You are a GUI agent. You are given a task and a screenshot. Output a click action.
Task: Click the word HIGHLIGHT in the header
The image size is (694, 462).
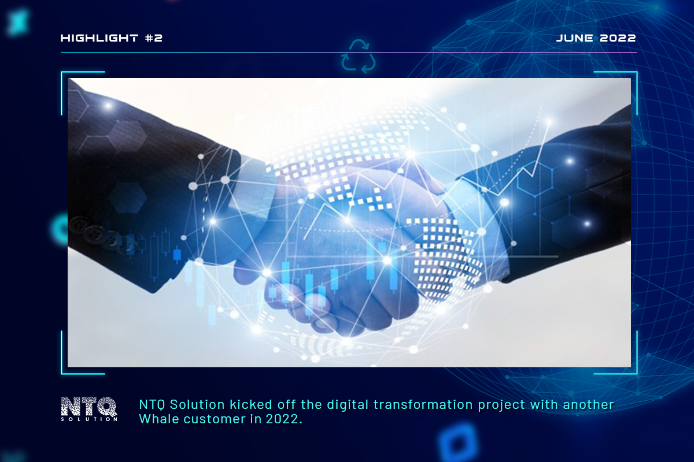(98, 38)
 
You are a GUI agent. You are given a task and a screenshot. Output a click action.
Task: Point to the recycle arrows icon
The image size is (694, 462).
(359, 56)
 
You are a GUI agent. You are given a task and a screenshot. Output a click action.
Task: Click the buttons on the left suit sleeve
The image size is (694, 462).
(93, 231)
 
